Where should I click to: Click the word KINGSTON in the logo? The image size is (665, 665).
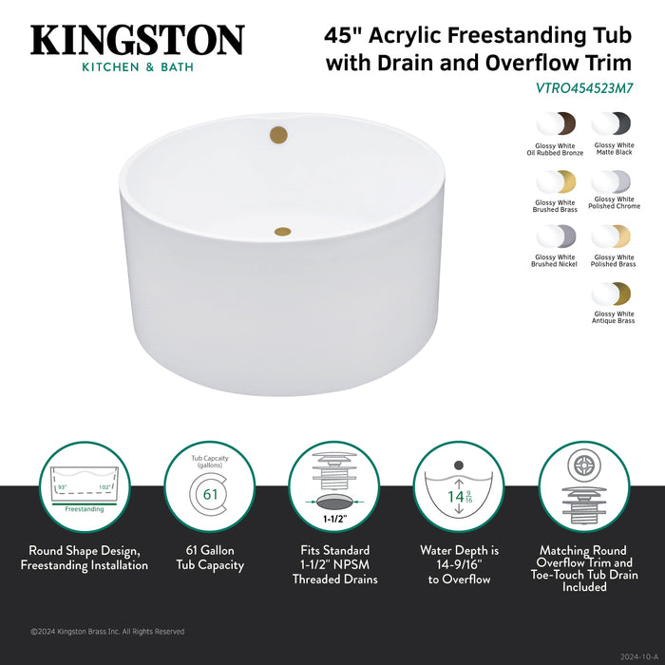coord(138,40)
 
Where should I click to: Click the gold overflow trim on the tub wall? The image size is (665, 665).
coord(278,134)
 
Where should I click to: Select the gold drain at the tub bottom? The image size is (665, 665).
coord(282,230)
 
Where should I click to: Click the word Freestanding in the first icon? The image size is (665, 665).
coord(85,509)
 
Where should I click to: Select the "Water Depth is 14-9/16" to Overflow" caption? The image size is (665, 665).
coord(459,564)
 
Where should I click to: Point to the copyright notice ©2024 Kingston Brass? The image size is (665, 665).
coord(107,632)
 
